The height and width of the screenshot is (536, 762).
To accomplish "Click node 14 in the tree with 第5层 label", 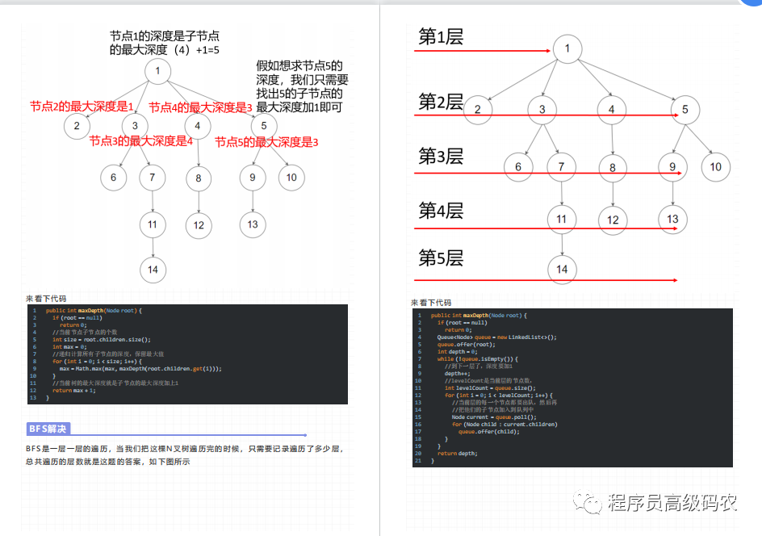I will [563, 269].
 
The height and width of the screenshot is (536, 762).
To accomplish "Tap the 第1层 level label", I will [441, 36].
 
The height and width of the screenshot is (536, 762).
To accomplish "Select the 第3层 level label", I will [441, 156].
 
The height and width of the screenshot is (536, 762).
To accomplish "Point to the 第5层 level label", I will [441, 258].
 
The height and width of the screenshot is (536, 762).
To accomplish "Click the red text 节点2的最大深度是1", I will [82, 107].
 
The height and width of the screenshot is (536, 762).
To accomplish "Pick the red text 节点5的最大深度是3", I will [266, 142].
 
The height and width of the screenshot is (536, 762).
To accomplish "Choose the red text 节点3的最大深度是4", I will [141, 140].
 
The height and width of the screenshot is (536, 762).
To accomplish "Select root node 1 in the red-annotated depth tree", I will [158, 72].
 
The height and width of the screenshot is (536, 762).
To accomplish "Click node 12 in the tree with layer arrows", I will [613, 220].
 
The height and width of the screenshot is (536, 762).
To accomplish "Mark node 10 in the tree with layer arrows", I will [715, 167].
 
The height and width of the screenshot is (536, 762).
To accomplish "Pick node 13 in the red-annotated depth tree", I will [253, 224].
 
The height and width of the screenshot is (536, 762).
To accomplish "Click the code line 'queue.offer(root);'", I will [465, 344].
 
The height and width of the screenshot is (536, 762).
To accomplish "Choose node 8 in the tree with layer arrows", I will [613, 168].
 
